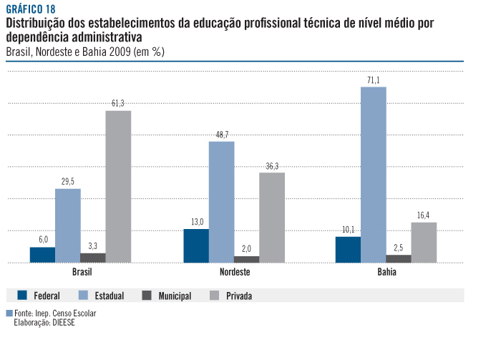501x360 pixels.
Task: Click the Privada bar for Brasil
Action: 118,186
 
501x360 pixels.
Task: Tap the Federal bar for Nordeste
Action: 196,245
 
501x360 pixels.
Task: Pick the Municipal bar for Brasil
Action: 93,258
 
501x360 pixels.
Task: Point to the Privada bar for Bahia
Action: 424,242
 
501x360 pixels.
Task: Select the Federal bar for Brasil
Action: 42,255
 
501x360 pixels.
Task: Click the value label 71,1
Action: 373,80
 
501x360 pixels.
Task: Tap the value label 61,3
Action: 118,104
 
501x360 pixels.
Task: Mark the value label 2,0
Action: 247,249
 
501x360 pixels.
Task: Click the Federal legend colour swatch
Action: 22,295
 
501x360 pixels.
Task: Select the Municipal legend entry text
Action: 175,296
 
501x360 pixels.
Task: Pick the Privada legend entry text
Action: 239,296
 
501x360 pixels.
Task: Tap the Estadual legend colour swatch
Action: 82,295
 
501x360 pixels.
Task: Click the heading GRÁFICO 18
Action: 30,9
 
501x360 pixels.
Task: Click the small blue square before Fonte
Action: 9,313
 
